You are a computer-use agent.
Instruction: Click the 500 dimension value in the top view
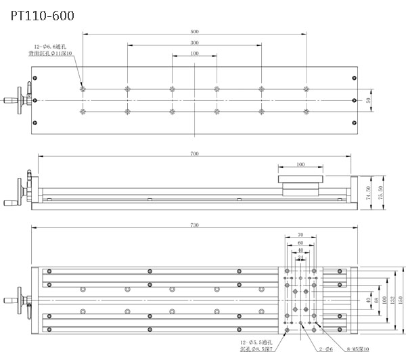(194, 31)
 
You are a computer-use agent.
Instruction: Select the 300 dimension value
(194, 42)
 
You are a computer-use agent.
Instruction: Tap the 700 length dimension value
(194, 154)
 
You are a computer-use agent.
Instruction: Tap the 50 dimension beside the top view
(369, 100)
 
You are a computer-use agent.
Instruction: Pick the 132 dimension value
(387, 299)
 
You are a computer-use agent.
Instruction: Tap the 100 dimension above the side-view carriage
(300, 164)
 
